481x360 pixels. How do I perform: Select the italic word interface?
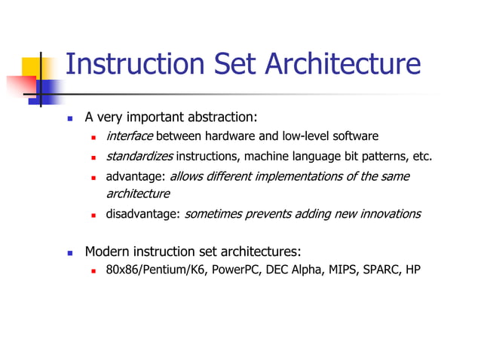pos(130,136)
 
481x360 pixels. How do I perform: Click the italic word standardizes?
pos(139,157)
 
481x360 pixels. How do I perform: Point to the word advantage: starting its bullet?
pos(136,177)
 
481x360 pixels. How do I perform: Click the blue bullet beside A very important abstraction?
pos(69,118)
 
